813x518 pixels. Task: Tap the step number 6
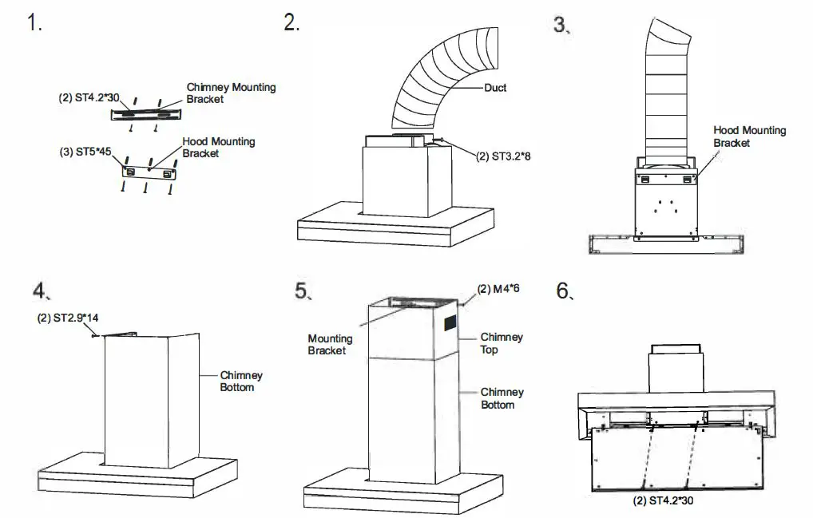[564, 291]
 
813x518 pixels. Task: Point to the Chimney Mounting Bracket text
[231, 93]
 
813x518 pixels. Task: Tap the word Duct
[495, 88]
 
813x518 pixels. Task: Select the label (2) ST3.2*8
[503, 156]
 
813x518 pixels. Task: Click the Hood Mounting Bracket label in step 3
[749, 136]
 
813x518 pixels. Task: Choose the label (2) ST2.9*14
[68, 318]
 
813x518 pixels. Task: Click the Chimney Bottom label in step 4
[241, 381]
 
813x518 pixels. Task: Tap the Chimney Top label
[502, 343]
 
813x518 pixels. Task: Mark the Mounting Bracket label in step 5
[328, 344]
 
